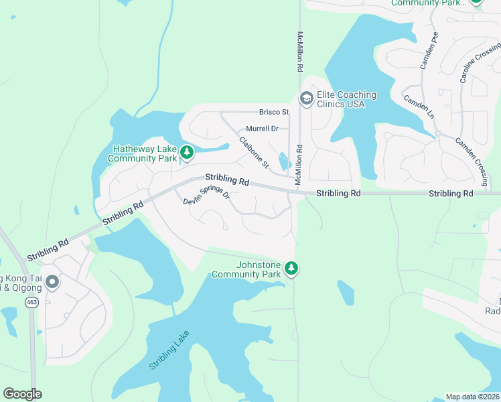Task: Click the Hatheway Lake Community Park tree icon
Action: [187, 153]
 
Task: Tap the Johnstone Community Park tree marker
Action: [291, 269]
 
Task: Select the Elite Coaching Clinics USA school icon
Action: [307, 100]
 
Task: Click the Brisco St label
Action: [275, 112]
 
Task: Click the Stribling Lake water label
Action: [169, 350]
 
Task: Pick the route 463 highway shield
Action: [31, 302]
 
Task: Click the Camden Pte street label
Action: [428, 51]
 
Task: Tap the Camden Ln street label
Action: [419, 107]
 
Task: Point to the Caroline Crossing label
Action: [480, 62]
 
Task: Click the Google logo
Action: [22, 394]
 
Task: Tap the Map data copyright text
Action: [473, 397]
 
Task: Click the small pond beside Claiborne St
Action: [283, 161]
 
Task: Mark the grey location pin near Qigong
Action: [52, 283]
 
